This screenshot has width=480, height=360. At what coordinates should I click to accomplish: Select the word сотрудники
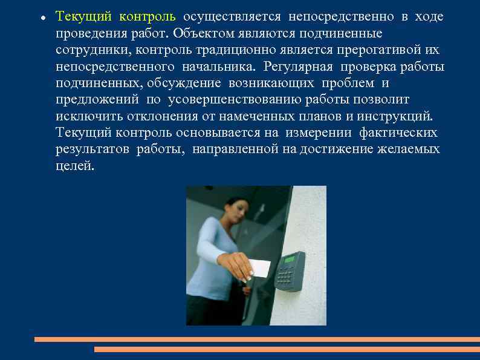88,49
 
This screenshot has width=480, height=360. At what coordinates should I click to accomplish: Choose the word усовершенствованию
236,99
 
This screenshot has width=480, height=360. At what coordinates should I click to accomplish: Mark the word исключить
85,115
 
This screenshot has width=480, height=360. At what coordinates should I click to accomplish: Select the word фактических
398,132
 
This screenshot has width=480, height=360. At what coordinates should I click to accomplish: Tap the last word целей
75,165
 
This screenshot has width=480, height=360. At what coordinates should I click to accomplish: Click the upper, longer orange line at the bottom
256,339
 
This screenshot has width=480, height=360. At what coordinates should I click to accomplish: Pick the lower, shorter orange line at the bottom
287,349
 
